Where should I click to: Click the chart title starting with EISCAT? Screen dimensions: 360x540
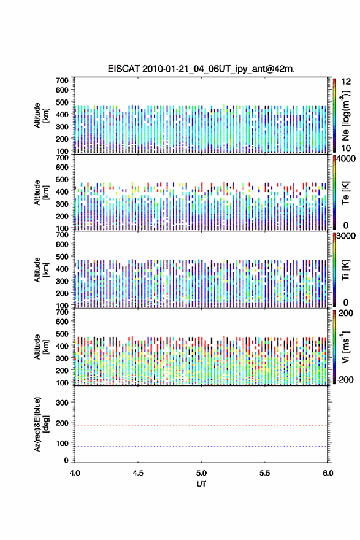click(201, 69)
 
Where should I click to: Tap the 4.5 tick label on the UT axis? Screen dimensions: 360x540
click(138, 473)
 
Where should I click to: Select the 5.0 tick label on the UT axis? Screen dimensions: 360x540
click(201, 473)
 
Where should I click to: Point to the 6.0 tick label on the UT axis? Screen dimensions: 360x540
click(328, 473)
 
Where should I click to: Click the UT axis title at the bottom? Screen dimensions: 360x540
click(201, 484)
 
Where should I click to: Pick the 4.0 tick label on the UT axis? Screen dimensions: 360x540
click(75, 473)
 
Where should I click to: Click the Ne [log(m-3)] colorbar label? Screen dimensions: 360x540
click(345, 116)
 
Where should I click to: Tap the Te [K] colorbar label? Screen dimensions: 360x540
click(345, 193)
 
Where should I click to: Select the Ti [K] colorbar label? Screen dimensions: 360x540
click(345, 270)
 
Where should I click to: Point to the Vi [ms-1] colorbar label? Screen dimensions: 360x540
click(345, 347)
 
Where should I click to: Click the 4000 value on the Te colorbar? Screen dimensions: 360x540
click(346, 158)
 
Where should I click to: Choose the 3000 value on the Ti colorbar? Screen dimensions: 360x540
click(346, 236)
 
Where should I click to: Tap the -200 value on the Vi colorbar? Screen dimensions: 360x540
click(345, 379)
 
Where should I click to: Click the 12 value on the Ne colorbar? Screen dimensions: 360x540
click(346, 82)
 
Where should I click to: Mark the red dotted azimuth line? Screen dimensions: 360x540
click(201, 425)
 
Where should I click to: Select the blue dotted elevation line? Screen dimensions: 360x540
click(201, 446)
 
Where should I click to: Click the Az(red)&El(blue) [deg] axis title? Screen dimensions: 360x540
click(41, 424)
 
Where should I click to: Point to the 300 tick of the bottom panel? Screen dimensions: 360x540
click(62, 403)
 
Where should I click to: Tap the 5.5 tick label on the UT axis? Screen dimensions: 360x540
click(265, 473)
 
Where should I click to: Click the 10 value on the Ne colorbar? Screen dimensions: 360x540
click(346, 148)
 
